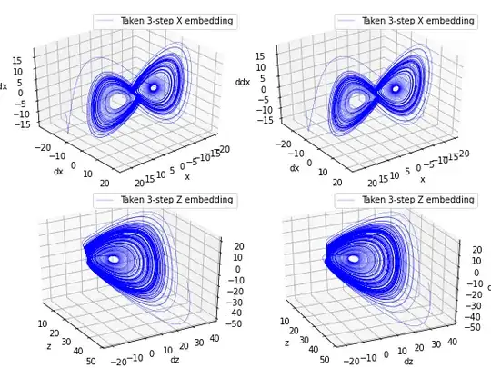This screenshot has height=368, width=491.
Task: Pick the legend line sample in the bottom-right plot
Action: coord(347,199)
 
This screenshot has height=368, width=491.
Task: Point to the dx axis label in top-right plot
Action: coord(295,168)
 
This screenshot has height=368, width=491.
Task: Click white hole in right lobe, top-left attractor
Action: coord(154,87)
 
